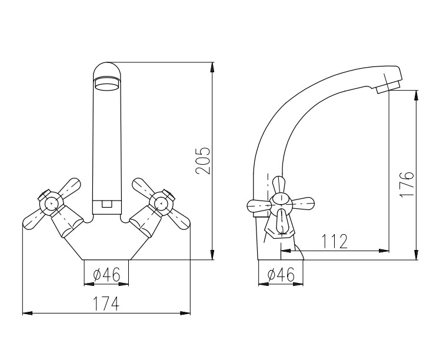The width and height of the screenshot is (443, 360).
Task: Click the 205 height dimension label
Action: [204, 160]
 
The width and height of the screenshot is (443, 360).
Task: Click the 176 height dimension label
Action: [407, 184]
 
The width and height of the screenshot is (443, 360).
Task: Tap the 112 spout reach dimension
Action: [335, 241]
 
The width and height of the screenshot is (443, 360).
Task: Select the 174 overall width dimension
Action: [106, 304]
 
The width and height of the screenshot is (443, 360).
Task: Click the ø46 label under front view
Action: [106, 274]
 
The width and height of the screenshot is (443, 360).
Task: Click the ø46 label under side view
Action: [281, 274]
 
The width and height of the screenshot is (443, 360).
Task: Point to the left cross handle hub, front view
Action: [51, 202]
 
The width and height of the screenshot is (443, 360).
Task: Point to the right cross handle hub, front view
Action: [161, 202]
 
